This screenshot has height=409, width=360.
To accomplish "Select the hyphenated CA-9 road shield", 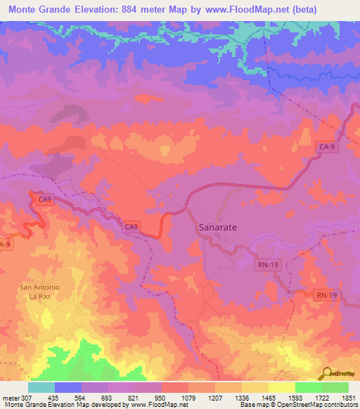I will (x=326, y=147).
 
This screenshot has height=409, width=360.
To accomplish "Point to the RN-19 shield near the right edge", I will (x=326, y=296).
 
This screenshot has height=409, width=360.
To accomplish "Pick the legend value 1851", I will (x=349, y=398).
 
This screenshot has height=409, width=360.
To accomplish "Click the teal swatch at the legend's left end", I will (x=41, y=387).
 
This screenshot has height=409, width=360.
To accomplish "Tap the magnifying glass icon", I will (x=327, y=373).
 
